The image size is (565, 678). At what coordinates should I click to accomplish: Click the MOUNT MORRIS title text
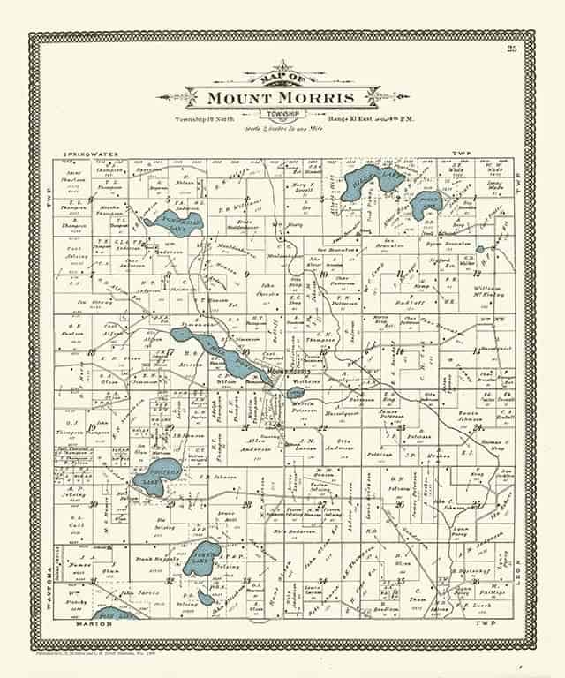[282, 97]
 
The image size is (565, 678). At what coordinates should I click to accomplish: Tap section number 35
[401, 581]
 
